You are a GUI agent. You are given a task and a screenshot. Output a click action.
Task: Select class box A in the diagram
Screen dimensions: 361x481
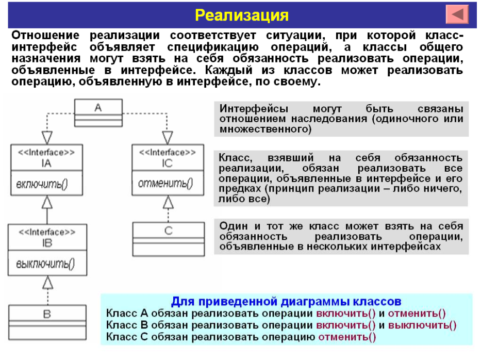[x=98, y=107]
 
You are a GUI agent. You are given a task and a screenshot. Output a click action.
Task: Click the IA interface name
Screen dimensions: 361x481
[x=46, y=164]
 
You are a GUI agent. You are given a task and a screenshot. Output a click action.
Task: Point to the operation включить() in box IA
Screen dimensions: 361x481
[x=42, y=184]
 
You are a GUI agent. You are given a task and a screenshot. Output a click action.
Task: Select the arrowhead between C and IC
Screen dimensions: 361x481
[x=168, y=203]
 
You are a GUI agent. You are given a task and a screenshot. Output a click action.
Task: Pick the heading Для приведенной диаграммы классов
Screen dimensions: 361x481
[x=286, y=301]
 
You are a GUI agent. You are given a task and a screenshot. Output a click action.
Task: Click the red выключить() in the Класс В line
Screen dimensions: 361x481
[x=422, y=325]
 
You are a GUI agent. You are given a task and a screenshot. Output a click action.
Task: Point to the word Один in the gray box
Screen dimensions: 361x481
[x=233, y=226]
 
